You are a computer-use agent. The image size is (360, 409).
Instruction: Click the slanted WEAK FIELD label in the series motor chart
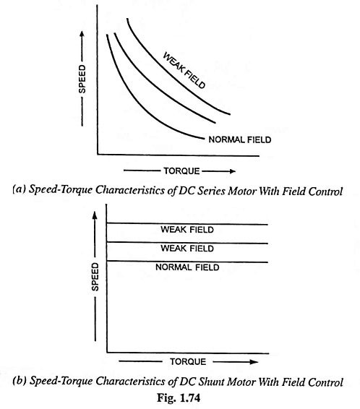184,70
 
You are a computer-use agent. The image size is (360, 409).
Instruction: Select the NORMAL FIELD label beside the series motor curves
240,139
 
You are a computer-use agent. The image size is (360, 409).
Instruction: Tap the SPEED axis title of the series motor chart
82,79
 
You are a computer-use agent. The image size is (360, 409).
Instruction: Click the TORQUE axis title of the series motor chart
181,171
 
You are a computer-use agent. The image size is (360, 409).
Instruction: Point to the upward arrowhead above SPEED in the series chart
82,34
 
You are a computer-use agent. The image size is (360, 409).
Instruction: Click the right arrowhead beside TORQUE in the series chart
232,171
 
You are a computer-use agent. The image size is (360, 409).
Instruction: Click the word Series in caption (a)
211,191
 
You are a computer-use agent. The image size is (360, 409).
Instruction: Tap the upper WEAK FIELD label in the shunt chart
187,230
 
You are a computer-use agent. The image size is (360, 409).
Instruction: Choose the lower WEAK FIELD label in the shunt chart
187,249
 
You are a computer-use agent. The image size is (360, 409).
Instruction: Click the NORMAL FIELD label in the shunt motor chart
187,267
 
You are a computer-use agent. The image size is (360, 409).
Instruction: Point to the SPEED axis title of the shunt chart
95,277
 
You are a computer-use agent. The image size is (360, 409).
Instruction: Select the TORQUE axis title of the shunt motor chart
188,362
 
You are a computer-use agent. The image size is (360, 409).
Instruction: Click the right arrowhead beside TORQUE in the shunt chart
254,362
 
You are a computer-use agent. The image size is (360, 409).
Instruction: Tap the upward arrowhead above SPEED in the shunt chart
95,215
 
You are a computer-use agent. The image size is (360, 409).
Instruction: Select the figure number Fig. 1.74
179,397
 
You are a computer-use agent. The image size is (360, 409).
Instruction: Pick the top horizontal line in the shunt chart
187,223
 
